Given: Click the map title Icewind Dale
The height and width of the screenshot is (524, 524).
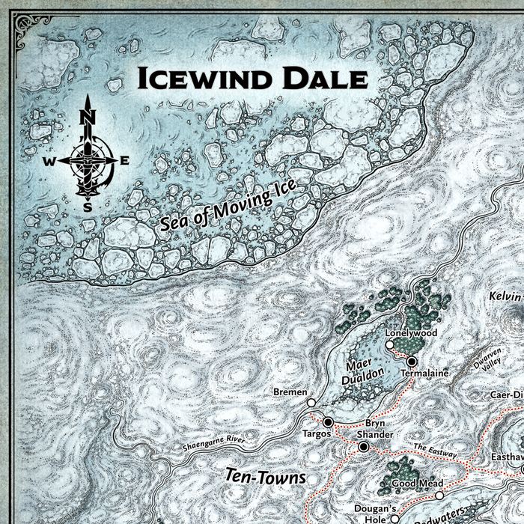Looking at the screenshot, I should click(250, 78).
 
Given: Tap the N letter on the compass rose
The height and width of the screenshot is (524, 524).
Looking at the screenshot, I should click(88, 116).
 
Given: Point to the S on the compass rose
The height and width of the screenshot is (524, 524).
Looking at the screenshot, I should click(88, 207).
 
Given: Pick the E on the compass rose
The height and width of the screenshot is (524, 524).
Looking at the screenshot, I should click(125, 160).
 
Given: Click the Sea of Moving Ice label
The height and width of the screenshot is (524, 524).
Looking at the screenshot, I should click(229, 205).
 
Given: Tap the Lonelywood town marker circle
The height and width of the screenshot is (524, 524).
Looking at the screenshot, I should click(389, 345).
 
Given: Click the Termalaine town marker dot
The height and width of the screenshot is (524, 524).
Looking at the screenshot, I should click(411, 361).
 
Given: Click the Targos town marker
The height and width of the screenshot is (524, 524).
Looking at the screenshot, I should click(327, 422).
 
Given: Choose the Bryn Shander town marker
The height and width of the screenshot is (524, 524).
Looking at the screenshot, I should click(364, 447).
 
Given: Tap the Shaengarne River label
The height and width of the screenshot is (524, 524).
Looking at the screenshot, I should click(214, 444).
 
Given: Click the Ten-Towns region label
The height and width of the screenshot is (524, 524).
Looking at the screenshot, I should click(255, 476).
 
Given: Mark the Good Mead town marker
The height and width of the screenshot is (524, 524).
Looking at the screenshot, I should click(439, 496).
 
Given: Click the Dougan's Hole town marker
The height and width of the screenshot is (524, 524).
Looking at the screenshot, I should click(394, 518).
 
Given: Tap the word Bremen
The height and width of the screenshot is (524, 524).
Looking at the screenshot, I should click(290, 392).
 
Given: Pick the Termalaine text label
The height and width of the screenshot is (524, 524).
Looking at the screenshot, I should click(424, 373).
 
